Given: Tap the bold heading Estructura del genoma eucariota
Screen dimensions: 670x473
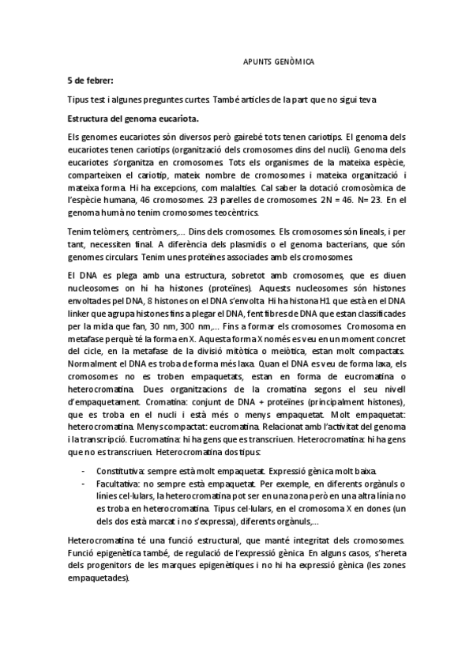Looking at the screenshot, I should click(133, 118).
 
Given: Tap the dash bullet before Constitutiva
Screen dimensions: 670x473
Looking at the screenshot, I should click(84, 469).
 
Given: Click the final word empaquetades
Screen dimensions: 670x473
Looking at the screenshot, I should click(99, 578).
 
